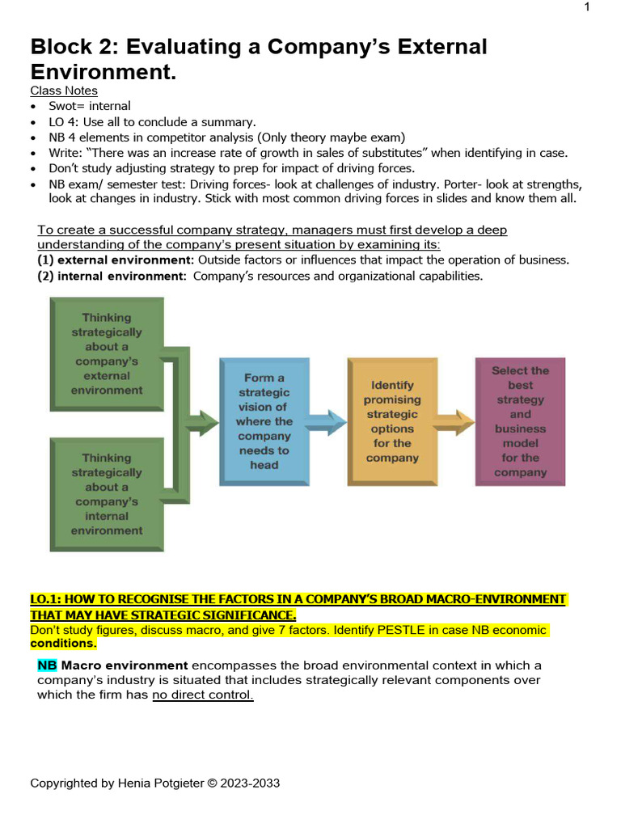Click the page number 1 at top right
587,7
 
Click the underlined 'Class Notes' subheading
64,91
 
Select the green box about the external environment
107,353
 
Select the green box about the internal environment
107,494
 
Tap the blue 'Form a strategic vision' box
264,421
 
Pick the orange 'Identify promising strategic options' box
392,421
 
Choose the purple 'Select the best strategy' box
520,421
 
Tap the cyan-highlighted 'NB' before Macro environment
47,665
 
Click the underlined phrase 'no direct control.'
203,695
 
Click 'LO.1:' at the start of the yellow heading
46,599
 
